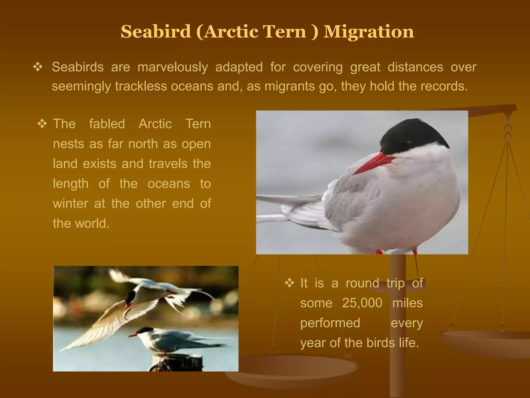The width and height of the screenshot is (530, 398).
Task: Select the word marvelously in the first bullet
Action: point(173,67)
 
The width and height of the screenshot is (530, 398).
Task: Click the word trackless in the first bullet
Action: point(141,86)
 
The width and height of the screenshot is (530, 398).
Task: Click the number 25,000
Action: point(362,303)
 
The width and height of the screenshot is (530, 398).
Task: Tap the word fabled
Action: point(107,124)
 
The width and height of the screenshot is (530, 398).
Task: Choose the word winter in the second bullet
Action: point(70,204)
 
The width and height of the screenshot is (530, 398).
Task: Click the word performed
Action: point(330,323)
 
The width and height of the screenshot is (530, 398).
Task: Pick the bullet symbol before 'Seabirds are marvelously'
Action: point(38,67)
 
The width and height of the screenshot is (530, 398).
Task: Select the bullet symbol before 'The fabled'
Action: point(42,124)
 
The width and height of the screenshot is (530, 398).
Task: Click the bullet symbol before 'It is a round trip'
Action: point(289,283)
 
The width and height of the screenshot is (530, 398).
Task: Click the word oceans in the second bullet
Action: point(169,184)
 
